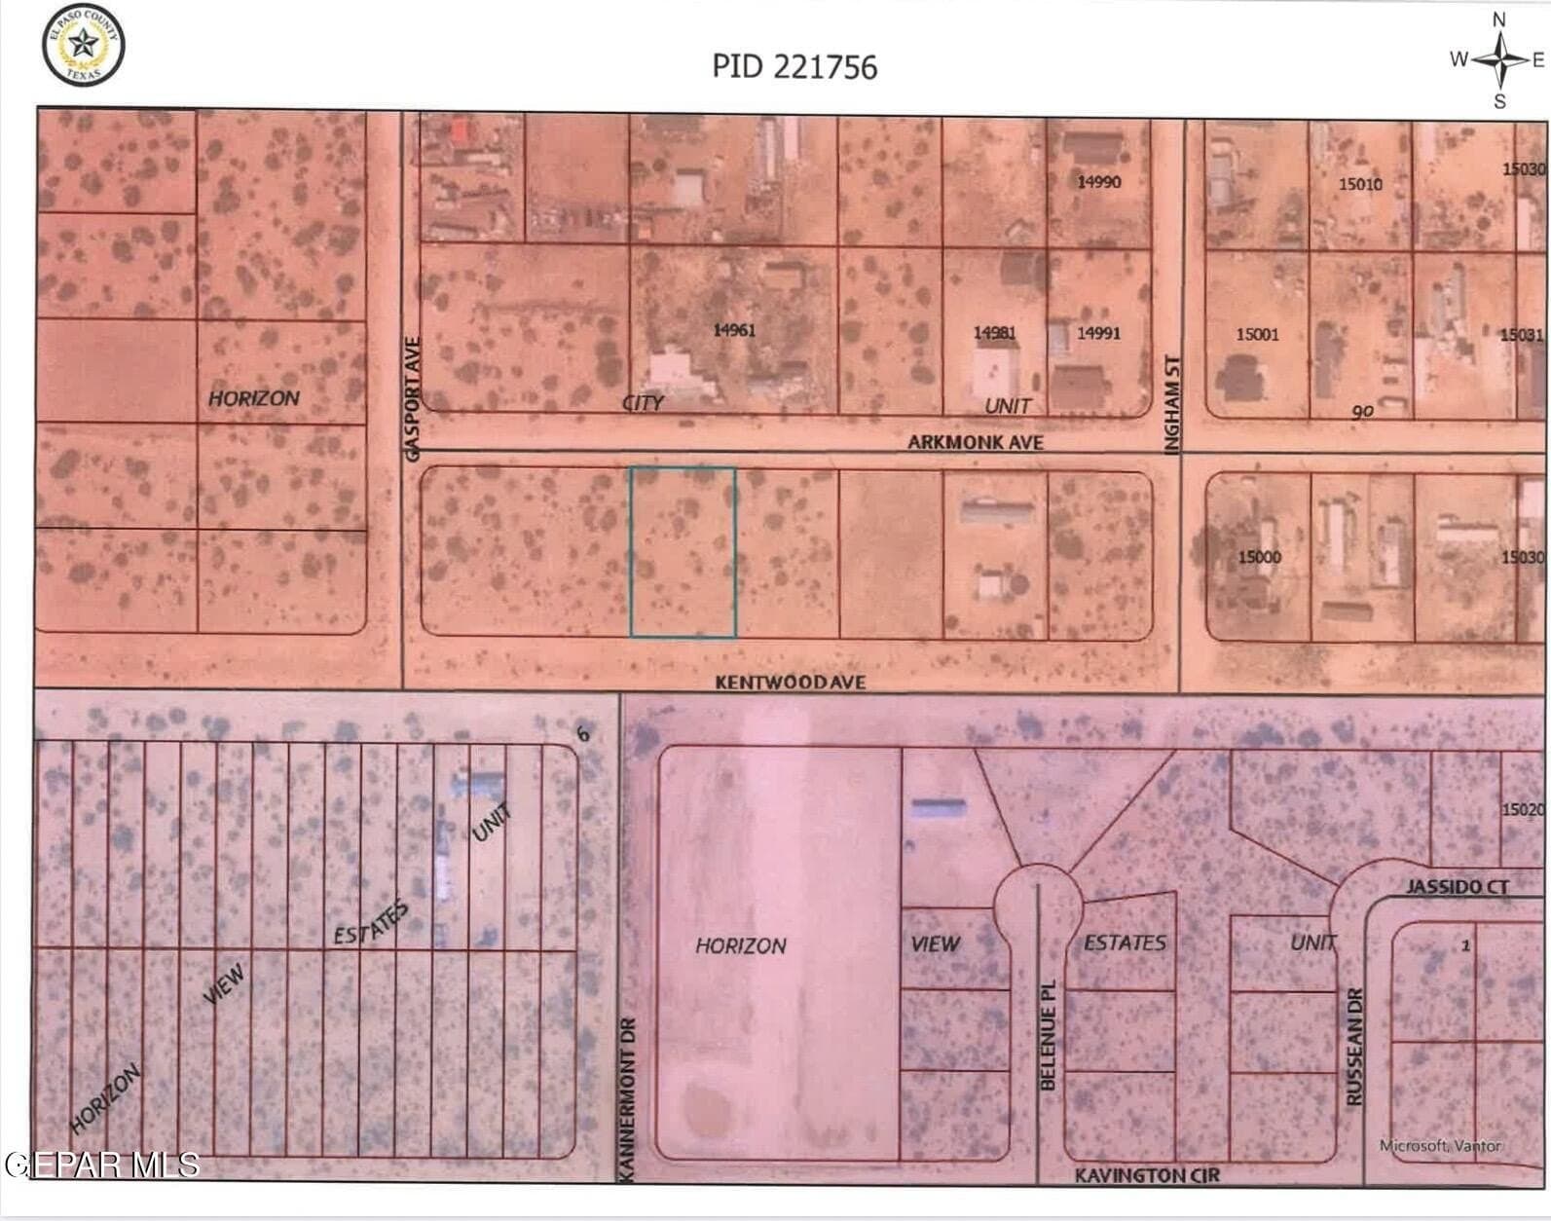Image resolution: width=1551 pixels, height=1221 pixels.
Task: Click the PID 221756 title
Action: coord(794,66)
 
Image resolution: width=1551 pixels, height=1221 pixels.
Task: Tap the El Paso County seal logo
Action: coord(83,44)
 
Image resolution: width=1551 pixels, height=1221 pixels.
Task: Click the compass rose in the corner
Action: coord(1500,59)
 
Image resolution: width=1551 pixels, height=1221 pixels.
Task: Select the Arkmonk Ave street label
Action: coord(975,442)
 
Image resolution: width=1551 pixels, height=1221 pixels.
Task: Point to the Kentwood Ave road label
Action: coord(790,683)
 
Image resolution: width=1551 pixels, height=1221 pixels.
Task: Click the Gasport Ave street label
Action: coord(412,399)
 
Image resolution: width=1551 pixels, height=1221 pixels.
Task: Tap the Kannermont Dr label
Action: coord(628,1099)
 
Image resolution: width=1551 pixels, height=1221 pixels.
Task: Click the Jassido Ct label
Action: coord(1457,886)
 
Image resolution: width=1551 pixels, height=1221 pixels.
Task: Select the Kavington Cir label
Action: coord(1146,1175)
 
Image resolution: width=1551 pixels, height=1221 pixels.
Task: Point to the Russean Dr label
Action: coord(1354,1047)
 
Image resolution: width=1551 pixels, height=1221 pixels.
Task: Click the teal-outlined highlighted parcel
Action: coord(683,552)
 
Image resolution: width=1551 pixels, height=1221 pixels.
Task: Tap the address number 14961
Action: coord(734,330)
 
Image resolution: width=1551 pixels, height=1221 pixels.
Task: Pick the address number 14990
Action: coord(1098,182)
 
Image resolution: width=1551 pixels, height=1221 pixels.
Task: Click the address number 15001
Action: coord(1257,334)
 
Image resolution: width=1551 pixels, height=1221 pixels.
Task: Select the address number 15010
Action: coord(1360,183)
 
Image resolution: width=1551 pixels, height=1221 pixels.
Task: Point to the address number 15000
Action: coord(1259,557)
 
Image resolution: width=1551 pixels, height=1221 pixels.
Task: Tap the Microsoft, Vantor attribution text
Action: coord(1440,1146)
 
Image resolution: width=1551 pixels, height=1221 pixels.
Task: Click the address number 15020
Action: coord(1523,809)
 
